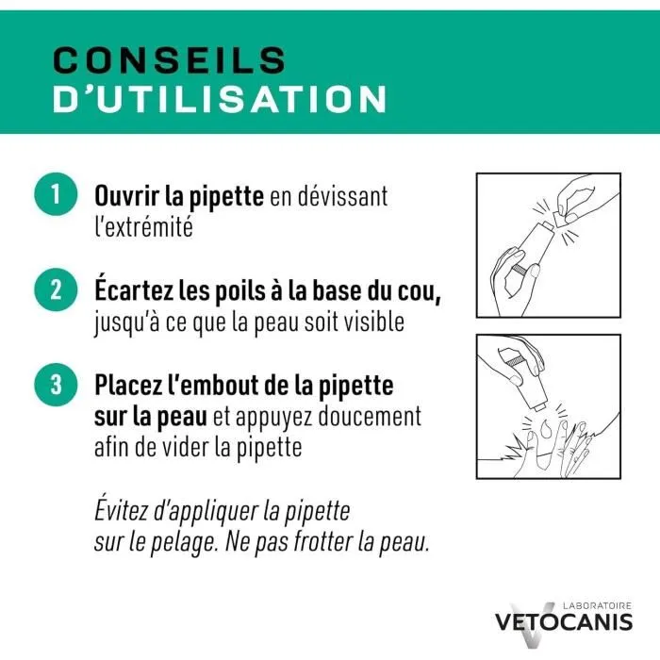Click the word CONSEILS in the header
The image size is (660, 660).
(x=169, y=58)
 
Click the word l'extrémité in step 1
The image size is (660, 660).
(x=143, y=227)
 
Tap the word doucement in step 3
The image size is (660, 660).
(x=373, y=416)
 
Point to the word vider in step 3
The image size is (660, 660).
(x=183, y=446)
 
